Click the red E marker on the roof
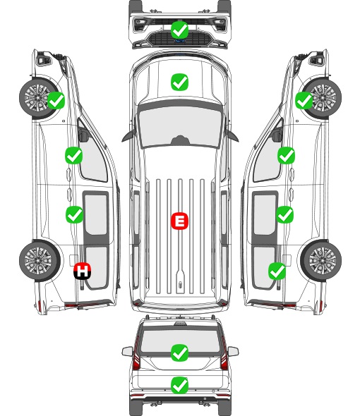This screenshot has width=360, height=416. point(179,221)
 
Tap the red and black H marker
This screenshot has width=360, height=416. point(83,271)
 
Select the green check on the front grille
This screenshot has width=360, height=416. point(179,30)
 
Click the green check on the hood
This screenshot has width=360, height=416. point(179,82)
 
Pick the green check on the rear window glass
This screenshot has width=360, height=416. point(179,353)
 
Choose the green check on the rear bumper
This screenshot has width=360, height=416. point(179,386)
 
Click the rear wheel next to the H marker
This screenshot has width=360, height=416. point(40,261)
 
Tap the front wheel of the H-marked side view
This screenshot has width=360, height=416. point(40,97)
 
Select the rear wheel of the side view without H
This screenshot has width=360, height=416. point(321,261)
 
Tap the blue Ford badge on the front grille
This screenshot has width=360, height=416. point(179,41)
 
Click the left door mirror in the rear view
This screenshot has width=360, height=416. point(128,351)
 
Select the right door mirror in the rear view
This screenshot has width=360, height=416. point(233,351)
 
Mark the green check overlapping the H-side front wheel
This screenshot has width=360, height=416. point(56,100)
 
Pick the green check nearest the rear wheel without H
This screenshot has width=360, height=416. point(277,271)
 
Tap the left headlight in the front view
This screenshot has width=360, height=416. point(139,25)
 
